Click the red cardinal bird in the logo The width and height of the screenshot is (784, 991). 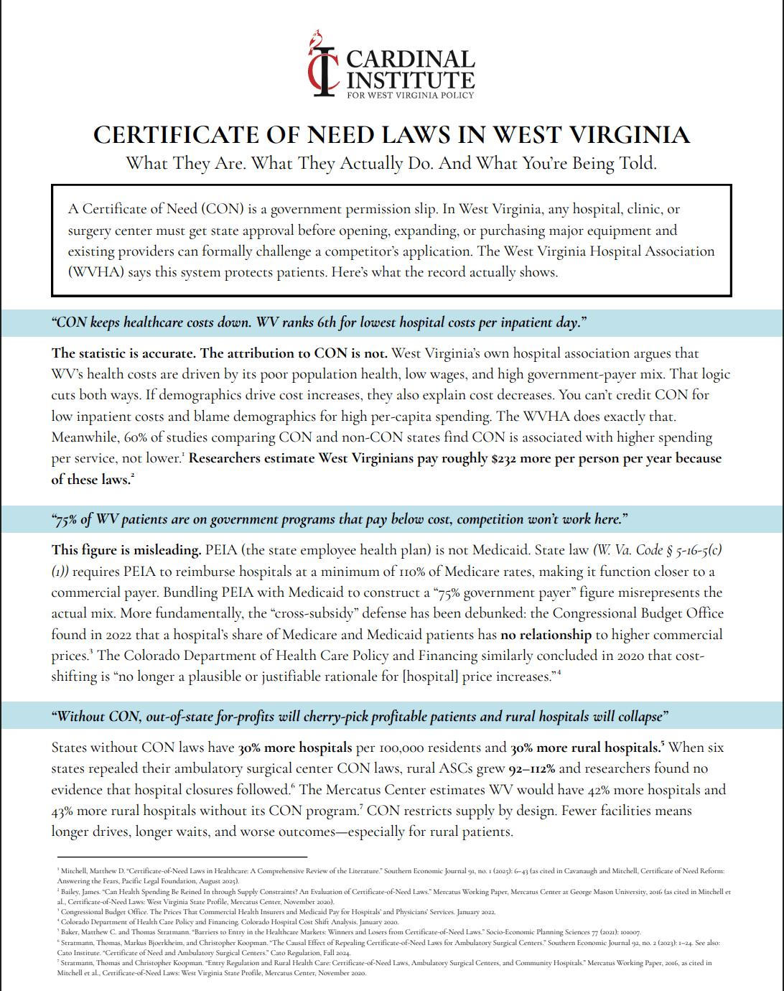(x=315, y=42)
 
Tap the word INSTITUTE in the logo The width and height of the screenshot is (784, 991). (x=411, y=80)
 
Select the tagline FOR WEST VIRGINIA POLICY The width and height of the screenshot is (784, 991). (x=411, y=95)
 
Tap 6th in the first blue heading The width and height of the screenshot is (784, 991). (x=327, y=322)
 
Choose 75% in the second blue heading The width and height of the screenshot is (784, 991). (x=66, y=519)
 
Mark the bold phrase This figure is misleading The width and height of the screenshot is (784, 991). (x=126, y=550)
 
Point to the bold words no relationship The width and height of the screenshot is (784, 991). (x=546, y=635)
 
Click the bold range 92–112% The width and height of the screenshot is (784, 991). (x=532, y=768)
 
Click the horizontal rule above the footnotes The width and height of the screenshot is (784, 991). (x=182, y=857)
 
